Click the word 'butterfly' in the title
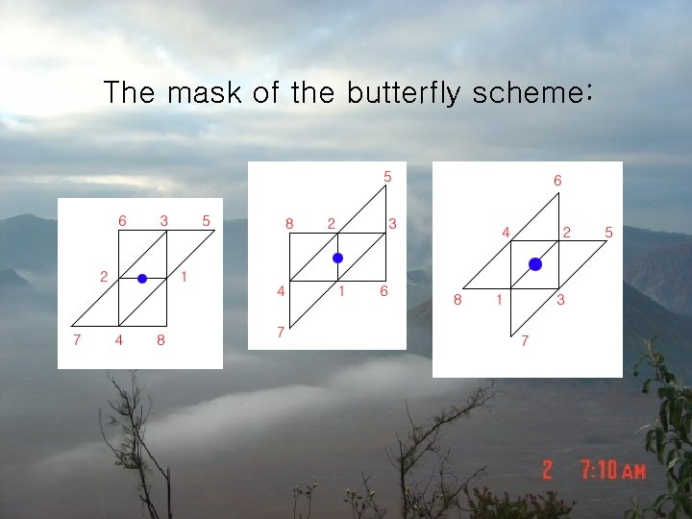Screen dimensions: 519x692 (x=405, y=93)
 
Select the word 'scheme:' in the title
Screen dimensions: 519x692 (x=533, y=93)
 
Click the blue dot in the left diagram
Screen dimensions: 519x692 (x=142, y=278)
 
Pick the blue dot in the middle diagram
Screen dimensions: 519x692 (x=337, y=258)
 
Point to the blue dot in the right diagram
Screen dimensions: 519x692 (x=535, y=263)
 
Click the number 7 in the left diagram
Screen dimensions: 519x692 (x=77, y=339)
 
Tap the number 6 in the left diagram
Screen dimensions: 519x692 (x=122, y=220)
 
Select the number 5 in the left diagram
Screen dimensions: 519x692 (x=207, y=220)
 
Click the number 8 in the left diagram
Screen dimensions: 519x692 (x=161, y=339)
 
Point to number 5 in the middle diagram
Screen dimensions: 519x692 (x=387, y=176)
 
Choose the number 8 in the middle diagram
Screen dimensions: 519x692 (x=289, y=223)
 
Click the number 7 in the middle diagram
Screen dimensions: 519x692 (x=281, y=332)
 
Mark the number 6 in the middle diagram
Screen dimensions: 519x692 (x=383, y=290)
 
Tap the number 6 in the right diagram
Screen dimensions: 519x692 (x=557, y=180)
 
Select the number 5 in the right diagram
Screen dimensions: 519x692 (x=608, y=232)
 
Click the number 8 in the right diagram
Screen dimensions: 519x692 (x=457, y=300)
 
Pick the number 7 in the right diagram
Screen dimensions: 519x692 (x=525, y=340)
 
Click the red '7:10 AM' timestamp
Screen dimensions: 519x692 (x=613, y=470)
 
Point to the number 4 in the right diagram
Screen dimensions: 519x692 (x=507, y=232)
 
